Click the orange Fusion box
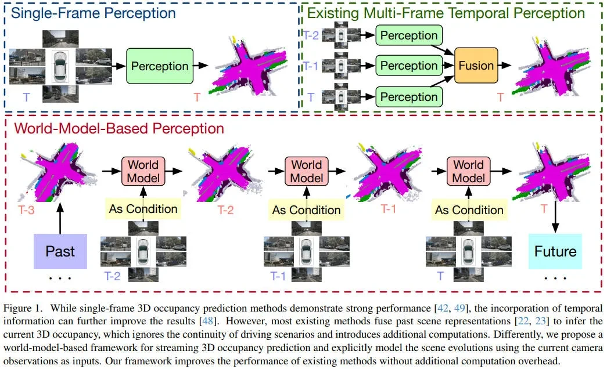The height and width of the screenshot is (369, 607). pos(476,66)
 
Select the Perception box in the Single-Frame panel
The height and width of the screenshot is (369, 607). pos(160,66)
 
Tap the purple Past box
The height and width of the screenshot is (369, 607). pos(60,251)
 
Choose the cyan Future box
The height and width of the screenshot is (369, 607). pos(555,251)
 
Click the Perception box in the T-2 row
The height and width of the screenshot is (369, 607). pos(409,36)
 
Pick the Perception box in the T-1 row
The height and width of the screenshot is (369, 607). pos(409,66)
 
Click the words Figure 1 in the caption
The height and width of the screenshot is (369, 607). pos(23,307)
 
